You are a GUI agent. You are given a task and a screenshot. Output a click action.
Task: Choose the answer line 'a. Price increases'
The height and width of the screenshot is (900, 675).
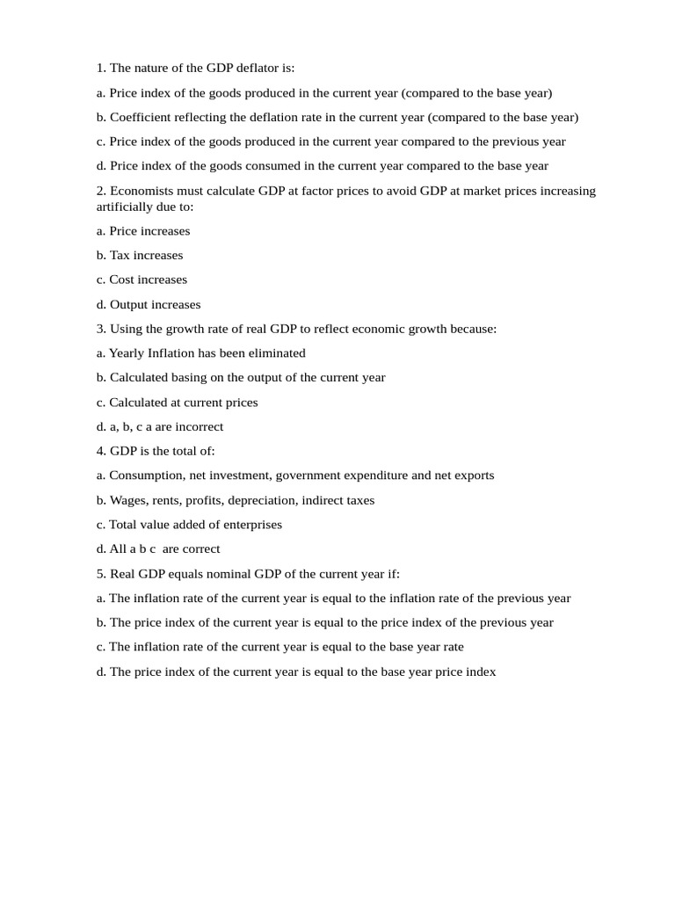143,231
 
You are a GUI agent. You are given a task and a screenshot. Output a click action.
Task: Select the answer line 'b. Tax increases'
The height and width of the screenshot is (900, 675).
140,255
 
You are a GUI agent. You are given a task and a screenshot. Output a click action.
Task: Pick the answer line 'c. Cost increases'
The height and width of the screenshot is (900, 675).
142,279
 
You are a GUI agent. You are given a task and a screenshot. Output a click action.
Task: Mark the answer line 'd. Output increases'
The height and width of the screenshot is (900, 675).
149,304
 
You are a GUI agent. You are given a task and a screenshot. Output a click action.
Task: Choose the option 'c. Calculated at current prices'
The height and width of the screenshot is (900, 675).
177,402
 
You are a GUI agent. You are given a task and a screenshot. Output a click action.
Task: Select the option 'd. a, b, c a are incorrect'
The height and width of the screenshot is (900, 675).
160,426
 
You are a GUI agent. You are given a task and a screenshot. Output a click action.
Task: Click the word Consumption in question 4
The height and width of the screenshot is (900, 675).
146,475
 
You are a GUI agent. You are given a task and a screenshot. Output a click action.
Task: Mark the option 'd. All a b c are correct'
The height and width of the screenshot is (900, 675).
158,549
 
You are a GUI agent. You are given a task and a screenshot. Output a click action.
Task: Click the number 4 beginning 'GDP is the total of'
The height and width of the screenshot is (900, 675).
100,451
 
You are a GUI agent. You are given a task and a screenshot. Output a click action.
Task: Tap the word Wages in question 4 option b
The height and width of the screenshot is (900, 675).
127,500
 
